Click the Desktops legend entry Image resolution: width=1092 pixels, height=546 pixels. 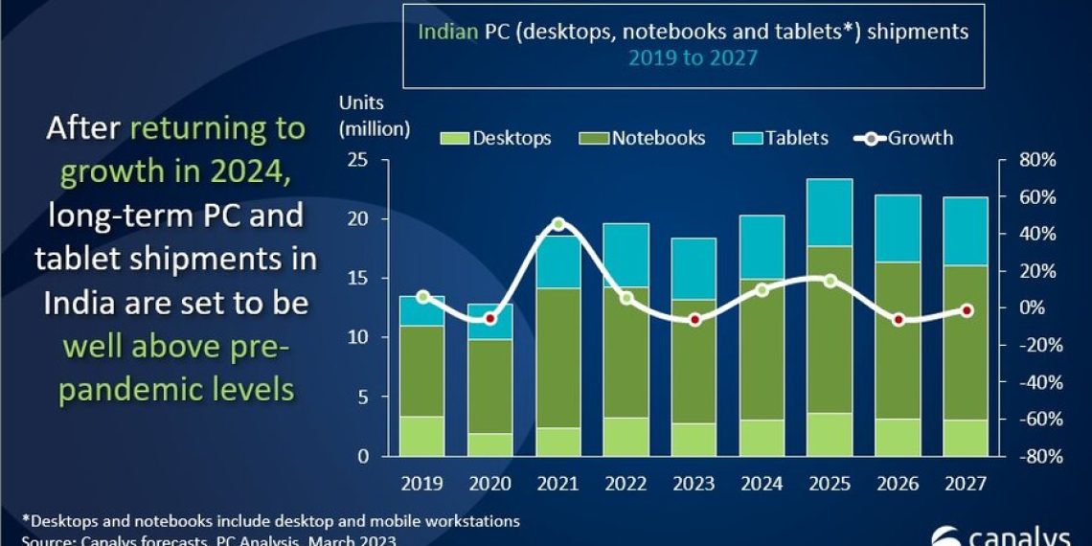(497, 138)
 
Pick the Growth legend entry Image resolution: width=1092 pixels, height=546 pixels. (906, 138)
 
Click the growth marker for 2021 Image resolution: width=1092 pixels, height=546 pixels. (559, 224)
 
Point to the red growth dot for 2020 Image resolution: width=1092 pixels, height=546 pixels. (490, 318)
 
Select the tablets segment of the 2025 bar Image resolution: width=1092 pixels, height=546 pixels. (830, 213)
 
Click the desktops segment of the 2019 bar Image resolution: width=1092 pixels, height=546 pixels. (421, 436)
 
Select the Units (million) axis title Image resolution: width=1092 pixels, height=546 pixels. (374, 115)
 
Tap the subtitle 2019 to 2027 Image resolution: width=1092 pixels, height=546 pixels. (693, 57)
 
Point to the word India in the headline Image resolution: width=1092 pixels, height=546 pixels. (84, 303)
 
